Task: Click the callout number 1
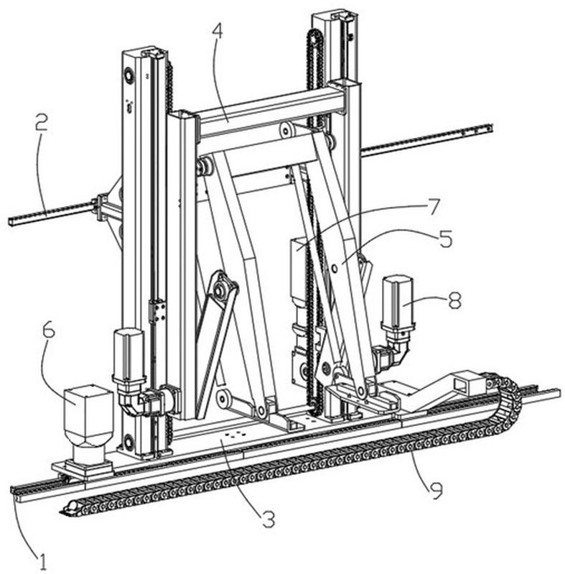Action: point(44,561)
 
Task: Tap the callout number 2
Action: point(42,123)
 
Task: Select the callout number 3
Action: point(269,519)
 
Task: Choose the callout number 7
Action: point(434,208)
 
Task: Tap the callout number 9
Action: point(435,491)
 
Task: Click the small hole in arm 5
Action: point(335,269)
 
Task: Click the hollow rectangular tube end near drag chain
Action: point(466,382)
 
